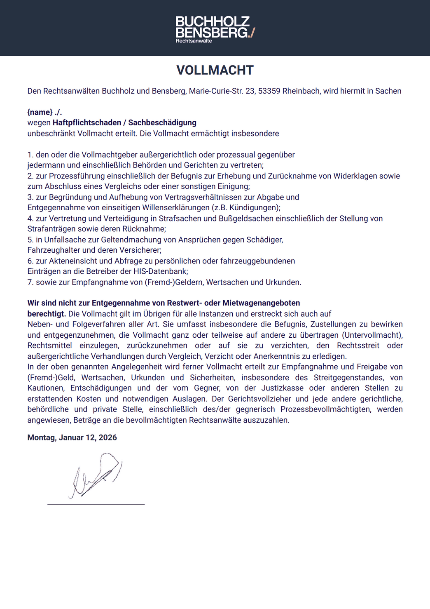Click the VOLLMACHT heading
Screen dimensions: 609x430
(215, 70)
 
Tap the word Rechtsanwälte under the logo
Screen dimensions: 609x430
(194, 41)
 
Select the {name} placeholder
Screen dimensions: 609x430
(40, 112)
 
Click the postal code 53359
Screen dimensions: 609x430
(269, 91)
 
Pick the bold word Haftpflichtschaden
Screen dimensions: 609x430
(86, 122)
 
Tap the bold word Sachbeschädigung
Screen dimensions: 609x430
(162, 122)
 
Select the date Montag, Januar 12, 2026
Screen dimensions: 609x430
(72, 437)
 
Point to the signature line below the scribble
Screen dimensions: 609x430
(96, 504)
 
